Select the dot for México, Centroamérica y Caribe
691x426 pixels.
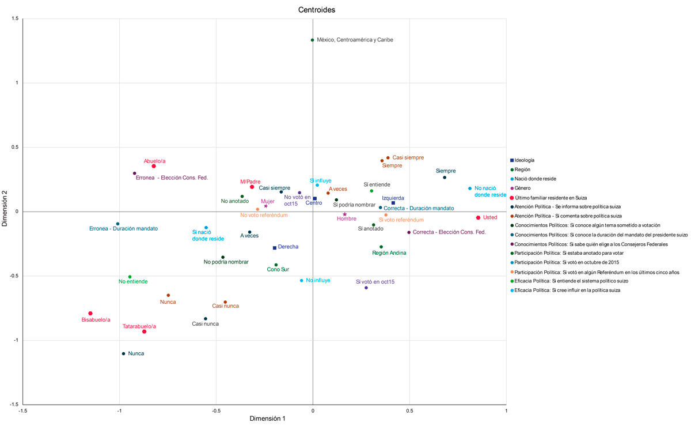coord(313,40)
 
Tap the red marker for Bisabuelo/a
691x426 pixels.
coord(90,313)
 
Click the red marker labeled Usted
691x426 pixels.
coord(478,217)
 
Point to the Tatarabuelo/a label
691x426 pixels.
coord(139,326)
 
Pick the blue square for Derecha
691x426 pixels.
coord(275,248)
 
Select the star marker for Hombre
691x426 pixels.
coord(345,214)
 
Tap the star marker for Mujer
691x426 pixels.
coord(265,206)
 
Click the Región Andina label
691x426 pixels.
coord(389,253)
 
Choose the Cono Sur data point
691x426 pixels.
coord(276,265)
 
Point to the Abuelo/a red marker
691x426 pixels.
coord(154,166)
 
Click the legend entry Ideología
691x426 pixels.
coord(524,160)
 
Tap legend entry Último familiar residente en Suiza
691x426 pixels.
coord(550,197)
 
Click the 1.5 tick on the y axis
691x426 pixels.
coord(15,19)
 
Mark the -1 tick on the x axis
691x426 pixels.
coord(119,410)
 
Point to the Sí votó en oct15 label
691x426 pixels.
coord(375,282)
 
